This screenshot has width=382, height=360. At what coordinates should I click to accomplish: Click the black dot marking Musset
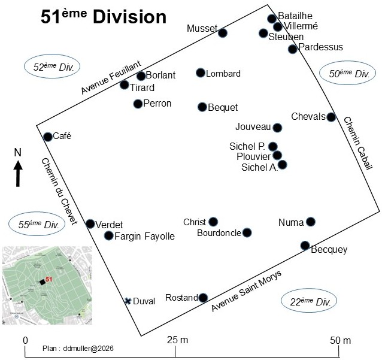(223, 32)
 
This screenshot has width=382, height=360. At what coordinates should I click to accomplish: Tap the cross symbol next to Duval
(128, 301)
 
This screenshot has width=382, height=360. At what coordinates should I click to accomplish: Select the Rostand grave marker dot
(203, 298)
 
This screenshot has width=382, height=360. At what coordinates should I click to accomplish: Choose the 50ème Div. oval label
(349, 74)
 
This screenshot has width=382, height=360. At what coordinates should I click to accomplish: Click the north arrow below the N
(19, 173)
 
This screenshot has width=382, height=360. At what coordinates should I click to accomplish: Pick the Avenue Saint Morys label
(246, 291)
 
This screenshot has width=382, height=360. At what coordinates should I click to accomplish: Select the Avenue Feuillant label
(111, 77)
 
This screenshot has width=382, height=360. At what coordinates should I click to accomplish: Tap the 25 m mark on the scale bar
(177, 340)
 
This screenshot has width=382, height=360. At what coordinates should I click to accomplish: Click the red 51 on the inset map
(50, 279)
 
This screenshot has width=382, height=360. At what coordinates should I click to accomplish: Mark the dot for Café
(48, 137)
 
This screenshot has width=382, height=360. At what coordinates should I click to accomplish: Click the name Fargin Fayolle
(145, 237)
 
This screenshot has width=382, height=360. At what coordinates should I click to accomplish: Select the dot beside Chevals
(331, 117)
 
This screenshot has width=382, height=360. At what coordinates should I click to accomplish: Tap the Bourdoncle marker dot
(247, 232)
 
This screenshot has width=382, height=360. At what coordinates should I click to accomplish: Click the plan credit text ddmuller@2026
(78, 348)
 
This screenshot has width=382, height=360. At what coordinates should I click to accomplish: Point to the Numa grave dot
(310, 222)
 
